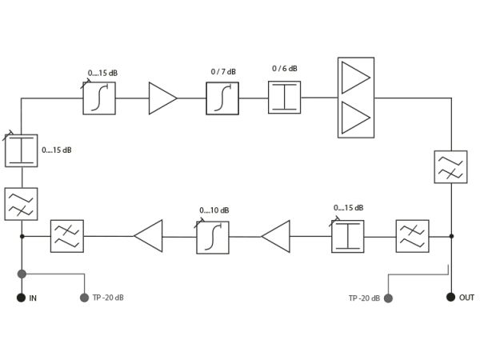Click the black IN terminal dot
coord(21,298)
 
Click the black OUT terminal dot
coord(450,297)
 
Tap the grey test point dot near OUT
coord(388,298)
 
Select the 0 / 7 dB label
coord(223,72)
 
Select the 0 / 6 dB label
coord(285,69)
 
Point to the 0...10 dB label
coord(214,210)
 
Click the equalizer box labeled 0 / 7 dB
coord(222,98)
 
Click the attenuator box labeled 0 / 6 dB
coord(284,98)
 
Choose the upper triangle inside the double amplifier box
coord(355,78)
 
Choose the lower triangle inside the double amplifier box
coord(355,118)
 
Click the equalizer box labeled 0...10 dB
coord(213,238)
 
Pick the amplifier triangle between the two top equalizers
coord(162,98)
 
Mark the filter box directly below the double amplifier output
coord(450,167)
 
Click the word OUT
coord(466,298)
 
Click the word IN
coord(33,298)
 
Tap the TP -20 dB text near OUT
coord(364,298)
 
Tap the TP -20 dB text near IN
coord(108,298)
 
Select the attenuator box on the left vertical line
coord(22,150)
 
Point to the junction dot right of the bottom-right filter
coord(451,236)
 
